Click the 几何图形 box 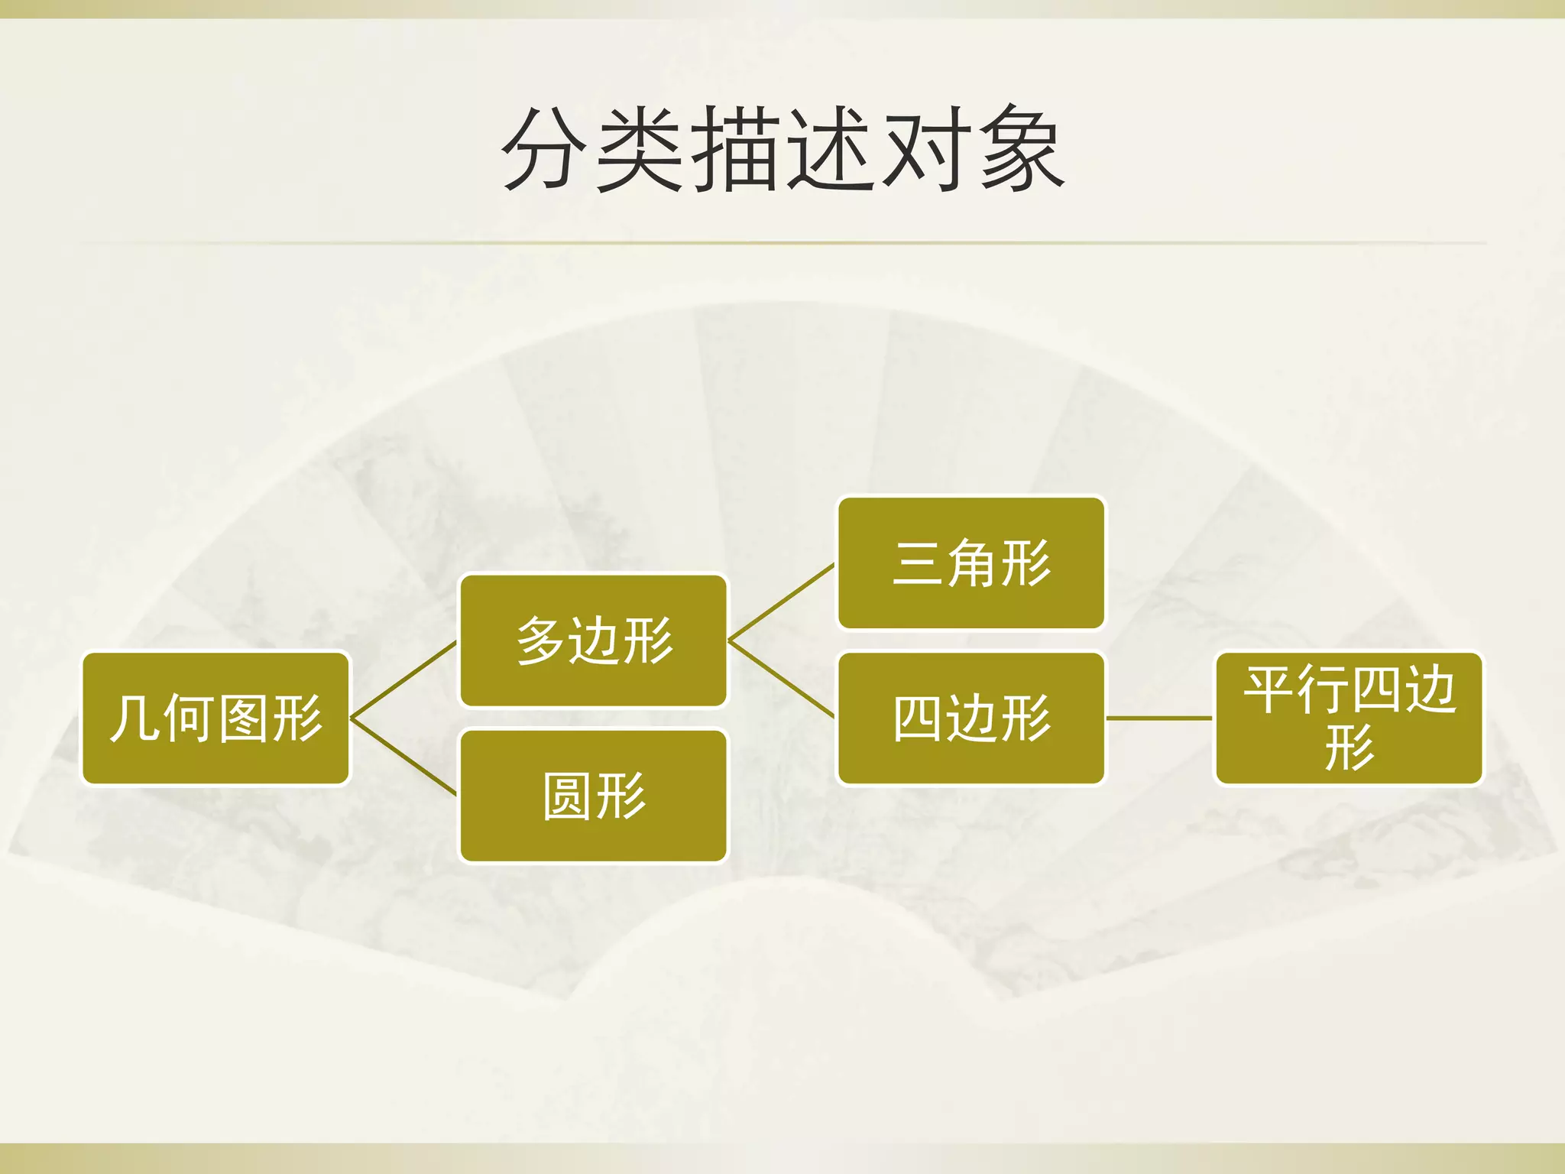click(x=215, y=718)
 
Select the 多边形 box click(x=593, y=641)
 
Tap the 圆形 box click(x=593, y=796)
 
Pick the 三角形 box click(x=971, y=563)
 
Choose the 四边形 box click(x=971, y=718)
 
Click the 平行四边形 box click(x=1349, y=718)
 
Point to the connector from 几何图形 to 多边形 click(x=403, y=680)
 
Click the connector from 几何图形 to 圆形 click(x=403, y=757)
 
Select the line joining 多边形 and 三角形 click(x=782, y=602)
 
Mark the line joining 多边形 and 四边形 click(x=782, y=679)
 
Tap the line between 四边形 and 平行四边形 click(x=1159, y=718)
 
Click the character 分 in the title click(x=544, y=148)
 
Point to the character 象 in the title click(x=1022, y=148)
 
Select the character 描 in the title click(x=735, y=148)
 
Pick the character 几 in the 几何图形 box click(x=134, y=718)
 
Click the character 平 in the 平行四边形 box click(x=1269, y=689)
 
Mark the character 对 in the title click(x=926, y=148)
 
